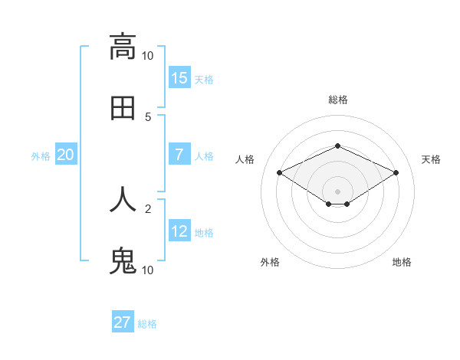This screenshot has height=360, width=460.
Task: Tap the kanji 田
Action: coord(123,108)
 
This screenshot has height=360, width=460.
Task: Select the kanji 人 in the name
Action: coord(123,199)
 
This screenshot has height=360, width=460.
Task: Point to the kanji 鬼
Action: coord(123,261)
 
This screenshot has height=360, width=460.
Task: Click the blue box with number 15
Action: coord(179,78)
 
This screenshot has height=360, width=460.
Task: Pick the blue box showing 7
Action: coord(179,155)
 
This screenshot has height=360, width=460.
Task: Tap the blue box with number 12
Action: coord(179,231)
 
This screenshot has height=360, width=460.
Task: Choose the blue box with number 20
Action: coord(66,155)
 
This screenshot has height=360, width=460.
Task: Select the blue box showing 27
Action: coord(123,322)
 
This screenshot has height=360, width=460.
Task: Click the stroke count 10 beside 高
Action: coord(147,56)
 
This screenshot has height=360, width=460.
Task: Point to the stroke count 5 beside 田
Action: coord(147,117)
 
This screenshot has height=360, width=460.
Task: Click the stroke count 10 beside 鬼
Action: coord(147,270)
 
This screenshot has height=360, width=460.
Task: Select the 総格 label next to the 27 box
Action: coord(147,324)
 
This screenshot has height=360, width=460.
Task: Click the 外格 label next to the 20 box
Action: coord(41,156)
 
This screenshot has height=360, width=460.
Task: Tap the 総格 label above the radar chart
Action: coord(337,100)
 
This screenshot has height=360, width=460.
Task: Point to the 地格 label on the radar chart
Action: coord(402,262)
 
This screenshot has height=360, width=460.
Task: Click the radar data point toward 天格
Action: coord(396,173)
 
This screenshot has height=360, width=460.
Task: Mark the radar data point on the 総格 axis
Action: coord(337,146)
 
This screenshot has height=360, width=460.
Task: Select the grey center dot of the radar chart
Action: coord(337,191)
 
